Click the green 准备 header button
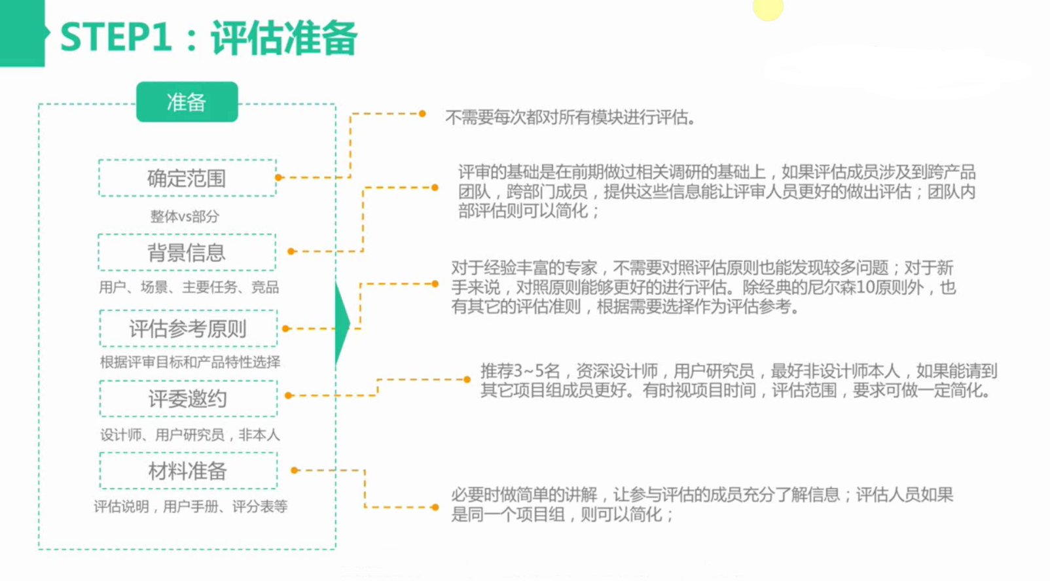pyautogui.click(x=187, y=102)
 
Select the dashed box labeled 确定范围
pyautogui.click(x=187, y=178)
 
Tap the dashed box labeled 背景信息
pyautogui.click(x=187, y=253)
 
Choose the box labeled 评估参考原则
pyautogui.click(x=188, y=328)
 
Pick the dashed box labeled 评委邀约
pyautogui.click(x=188, y=398)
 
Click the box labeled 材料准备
pyautogui.click(x=188, y=471)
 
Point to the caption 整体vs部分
pyautogui.click(x=185, y=217)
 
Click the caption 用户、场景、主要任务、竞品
pyautogui.click(x=189, y=287)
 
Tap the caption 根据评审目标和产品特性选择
pyautogui.click(x=190, y=362)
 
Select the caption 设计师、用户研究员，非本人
pyautogui.click(x=190, y=435)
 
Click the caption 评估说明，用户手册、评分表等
pyautogui.click(x=190, y=506)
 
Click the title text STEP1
pyautogui.click(x=116, y=37)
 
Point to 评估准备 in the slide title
pyautogui.click(x=283, y=38)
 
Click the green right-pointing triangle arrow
pyautogui.click(x=342, y=323)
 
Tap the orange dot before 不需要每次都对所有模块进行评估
pyautogui.click(x=422, y=114)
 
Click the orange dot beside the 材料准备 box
pyautogui.click(x=295, y=470)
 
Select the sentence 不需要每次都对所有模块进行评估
pyautogui.click(x=570, y=118)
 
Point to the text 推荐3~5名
pyautogui.click(x=520, y=371)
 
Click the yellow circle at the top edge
pyautogui.click(x=768, y=8)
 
